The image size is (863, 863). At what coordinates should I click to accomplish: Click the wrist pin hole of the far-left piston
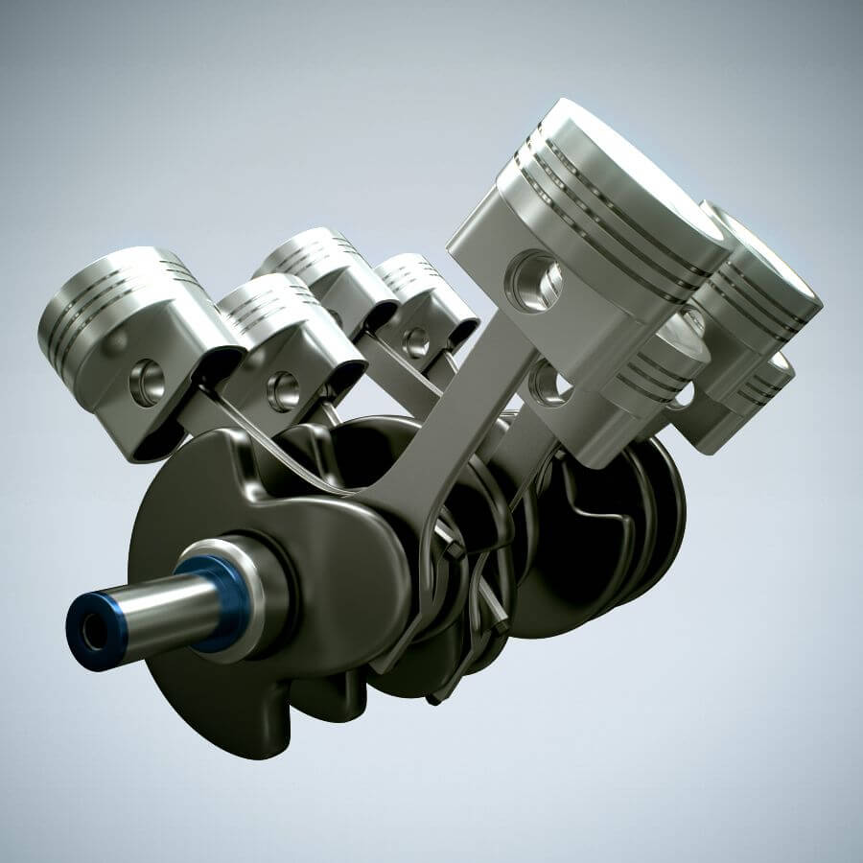(146, 383)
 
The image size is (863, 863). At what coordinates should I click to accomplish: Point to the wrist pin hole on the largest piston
(535, 279)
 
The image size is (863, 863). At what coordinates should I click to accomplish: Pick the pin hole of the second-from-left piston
(283, 390)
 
